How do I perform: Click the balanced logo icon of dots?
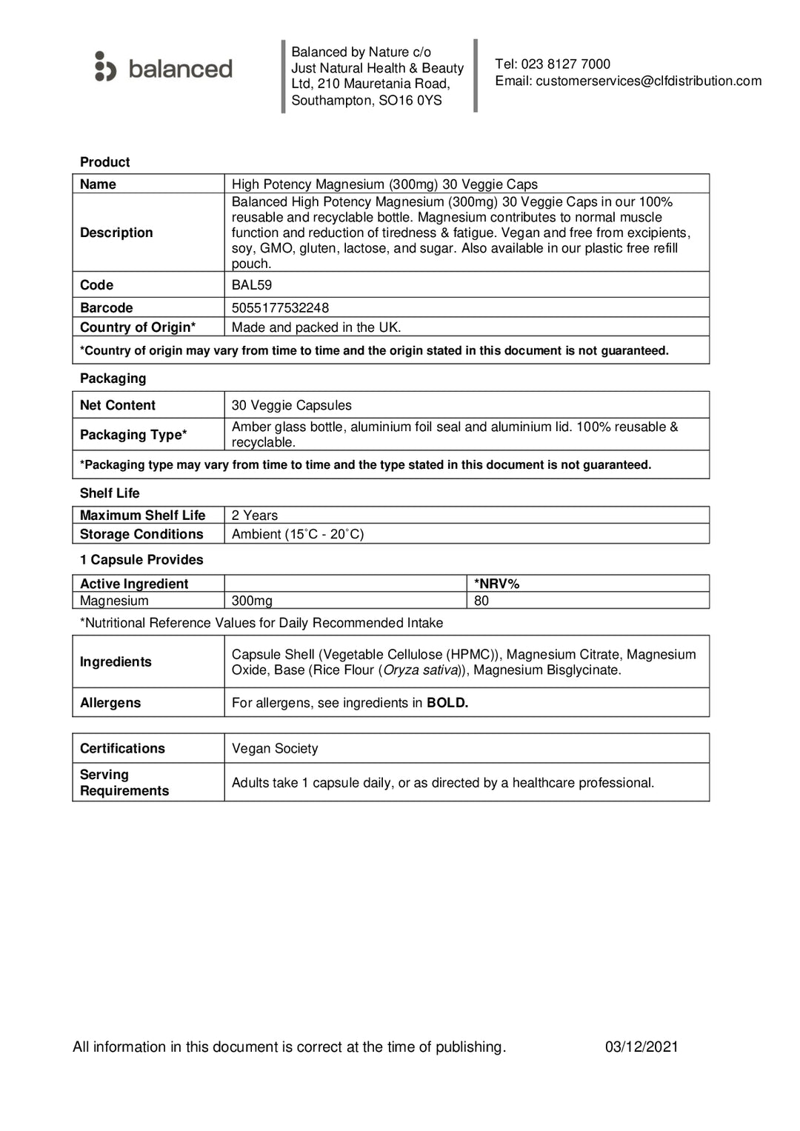(105, 67)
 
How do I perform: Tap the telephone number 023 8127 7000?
(565, 64)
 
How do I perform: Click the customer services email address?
(648, 81)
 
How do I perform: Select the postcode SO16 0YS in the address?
(410, 101)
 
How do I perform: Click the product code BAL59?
(251, 285)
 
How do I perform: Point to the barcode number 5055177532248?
(280, 308)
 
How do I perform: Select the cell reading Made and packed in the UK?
(316, 327)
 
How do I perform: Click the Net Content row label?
(118, 405)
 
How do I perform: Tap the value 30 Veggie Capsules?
(291, 405)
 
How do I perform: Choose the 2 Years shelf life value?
(254, 516)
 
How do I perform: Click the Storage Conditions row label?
(141, 534)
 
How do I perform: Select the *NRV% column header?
(496, 584)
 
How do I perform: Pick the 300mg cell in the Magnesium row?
(252, 601)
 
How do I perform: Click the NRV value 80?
(481, 601)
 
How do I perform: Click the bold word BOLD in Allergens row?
(447, 703)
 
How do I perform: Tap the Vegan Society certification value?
(275, 749)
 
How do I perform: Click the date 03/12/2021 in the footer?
(641, 1047)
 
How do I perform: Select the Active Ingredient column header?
(134, 584)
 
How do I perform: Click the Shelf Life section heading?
(110, 493)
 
